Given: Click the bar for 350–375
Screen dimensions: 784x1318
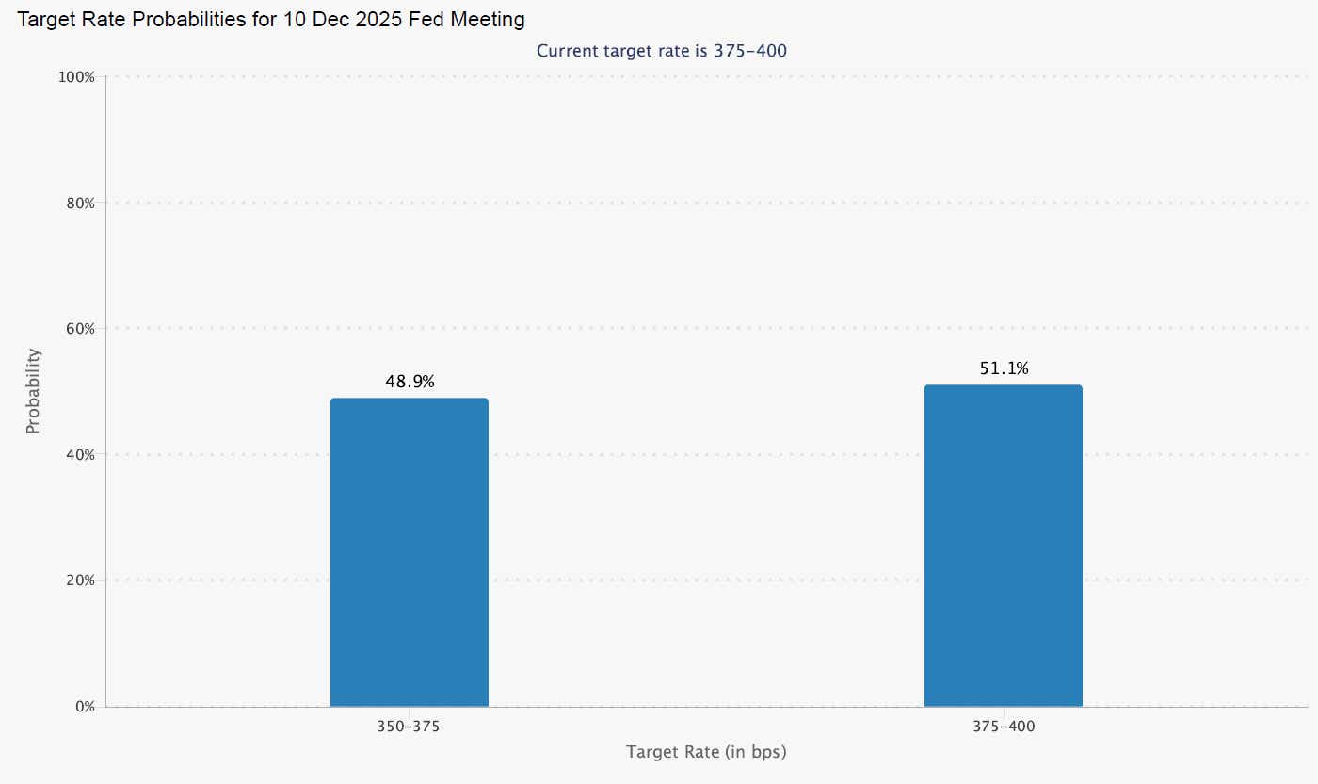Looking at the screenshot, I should (x=409, y=552).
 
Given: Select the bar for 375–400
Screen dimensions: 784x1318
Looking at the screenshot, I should (x=1003, y=546).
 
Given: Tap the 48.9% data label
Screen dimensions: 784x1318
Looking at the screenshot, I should (x=410, y=382).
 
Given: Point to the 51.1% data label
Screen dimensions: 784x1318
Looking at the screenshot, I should (x=1004, y=368).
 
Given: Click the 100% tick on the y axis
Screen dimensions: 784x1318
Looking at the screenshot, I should (x=76, y=77).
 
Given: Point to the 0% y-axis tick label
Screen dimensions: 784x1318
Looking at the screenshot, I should (x=83, y=706).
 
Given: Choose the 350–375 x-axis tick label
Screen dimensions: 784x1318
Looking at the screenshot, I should (x=409, y=727).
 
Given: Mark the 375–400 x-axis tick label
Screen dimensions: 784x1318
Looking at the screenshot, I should (x=1003, y=727).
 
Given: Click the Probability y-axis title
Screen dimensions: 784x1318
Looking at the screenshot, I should (x=33, y=391).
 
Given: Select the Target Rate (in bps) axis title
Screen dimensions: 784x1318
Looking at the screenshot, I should (x=706, y=752).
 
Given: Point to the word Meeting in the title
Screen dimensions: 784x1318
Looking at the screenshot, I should (x=490, y=20).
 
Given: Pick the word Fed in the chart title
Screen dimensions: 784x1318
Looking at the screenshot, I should (x=429, y=20).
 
